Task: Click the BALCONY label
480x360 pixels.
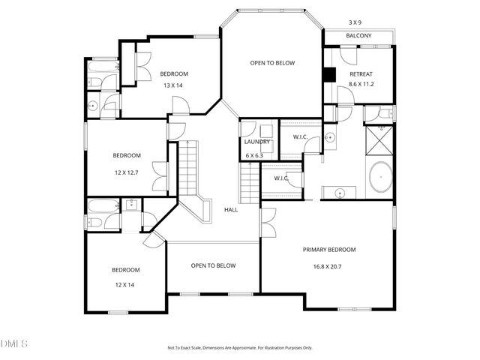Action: [358, 36]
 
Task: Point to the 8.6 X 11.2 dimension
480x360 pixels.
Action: [361, 85]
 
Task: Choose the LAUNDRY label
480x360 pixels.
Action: [256, 142]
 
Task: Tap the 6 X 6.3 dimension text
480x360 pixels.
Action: [255, 155]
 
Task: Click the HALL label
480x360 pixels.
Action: [231, 209]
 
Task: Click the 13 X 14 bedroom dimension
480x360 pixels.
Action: [173, 85]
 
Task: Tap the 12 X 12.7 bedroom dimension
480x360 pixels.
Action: [127, 172]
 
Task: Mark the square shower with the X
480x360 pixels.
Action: [380, 140]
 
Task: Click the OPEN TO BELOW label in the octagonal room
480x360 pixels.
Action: [271, 64]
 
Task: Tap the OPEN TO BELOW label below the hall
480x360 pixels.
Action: [213, 265]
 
